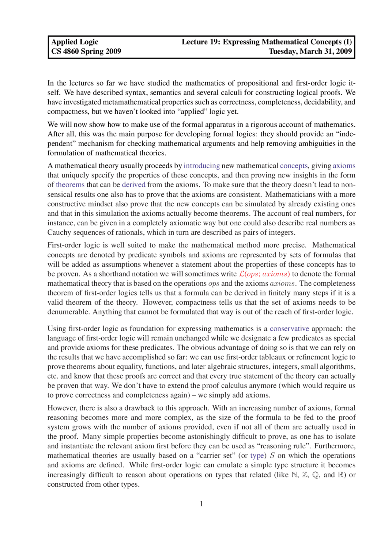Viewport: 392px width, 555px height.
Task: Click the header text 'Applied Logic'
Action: click(74, 42)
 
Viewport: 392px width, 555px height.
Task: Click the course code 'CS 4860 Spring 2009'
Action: click(86, 51)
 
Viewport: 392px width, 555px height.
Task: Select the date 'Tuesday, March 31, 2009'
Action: click(310, 51)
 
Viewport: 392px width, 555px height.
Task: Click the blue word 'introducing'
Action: click(202, 166)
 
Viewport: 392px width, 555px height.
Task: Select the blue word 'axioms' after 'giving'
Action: click(344, 166)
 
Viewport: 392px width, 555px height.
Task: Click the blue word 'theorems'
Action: click(70, 185)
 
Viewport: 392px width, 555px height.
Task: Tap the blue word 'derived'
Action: click(134, 185)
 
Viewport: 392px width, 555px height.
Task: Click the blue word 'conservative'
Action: click(289, 329)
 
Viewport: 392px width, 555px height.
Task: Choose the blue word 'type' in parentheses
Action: click(257, 456)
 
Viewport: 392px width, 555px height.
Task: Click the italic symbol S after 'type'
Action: click(272, 456)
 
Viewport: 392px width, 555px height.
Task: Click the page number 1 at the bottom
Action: click(201, 504)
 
